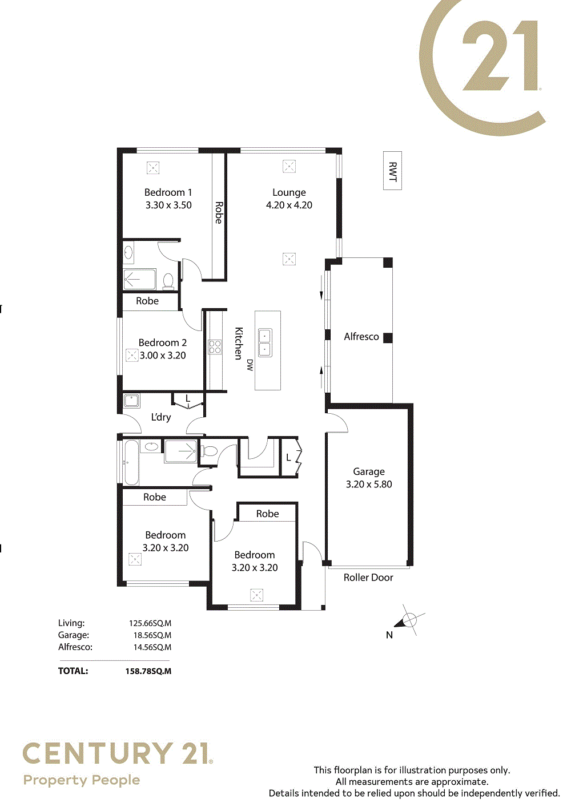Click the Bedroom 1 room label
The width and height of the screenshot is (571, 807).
[168, 192]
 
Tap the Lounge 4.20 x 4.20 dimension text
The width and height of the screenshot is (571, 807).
[289, 205]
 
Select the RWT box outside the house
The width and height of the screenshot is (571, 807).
[392, 171]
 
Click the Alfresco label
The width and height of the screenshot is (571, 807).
[361, 337]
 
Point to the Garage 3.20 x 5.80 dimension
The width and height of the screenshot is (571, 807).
[369, 484]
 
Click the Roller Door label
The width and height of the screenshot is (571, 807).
[368, 578]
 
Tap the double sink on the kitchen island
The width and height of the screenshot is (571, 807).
[265, 343]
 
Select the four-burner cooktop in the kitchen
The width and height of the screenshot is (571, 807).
[215, 347]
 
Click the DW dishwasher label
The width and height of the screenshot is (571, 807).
[250, 365]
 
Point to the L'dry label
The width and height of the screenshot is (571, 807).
[161, 417]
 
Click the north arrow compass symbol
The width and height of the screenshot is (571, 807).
[409, 620]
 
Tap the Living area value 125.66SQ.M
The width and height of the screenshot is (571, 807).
[150, 623]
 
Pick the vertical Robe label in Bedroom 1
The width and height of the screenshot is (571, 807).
[219, 212]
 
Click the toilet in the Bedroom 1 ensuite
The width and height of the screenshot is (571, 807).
[168, 281]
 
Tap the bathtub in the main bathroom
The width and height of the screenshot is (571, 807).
[131, 463]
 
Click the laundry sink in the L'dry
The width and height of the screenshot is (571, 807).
[131, 401]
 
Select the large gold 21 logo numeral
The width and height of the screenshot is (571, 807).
[500, 55]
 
